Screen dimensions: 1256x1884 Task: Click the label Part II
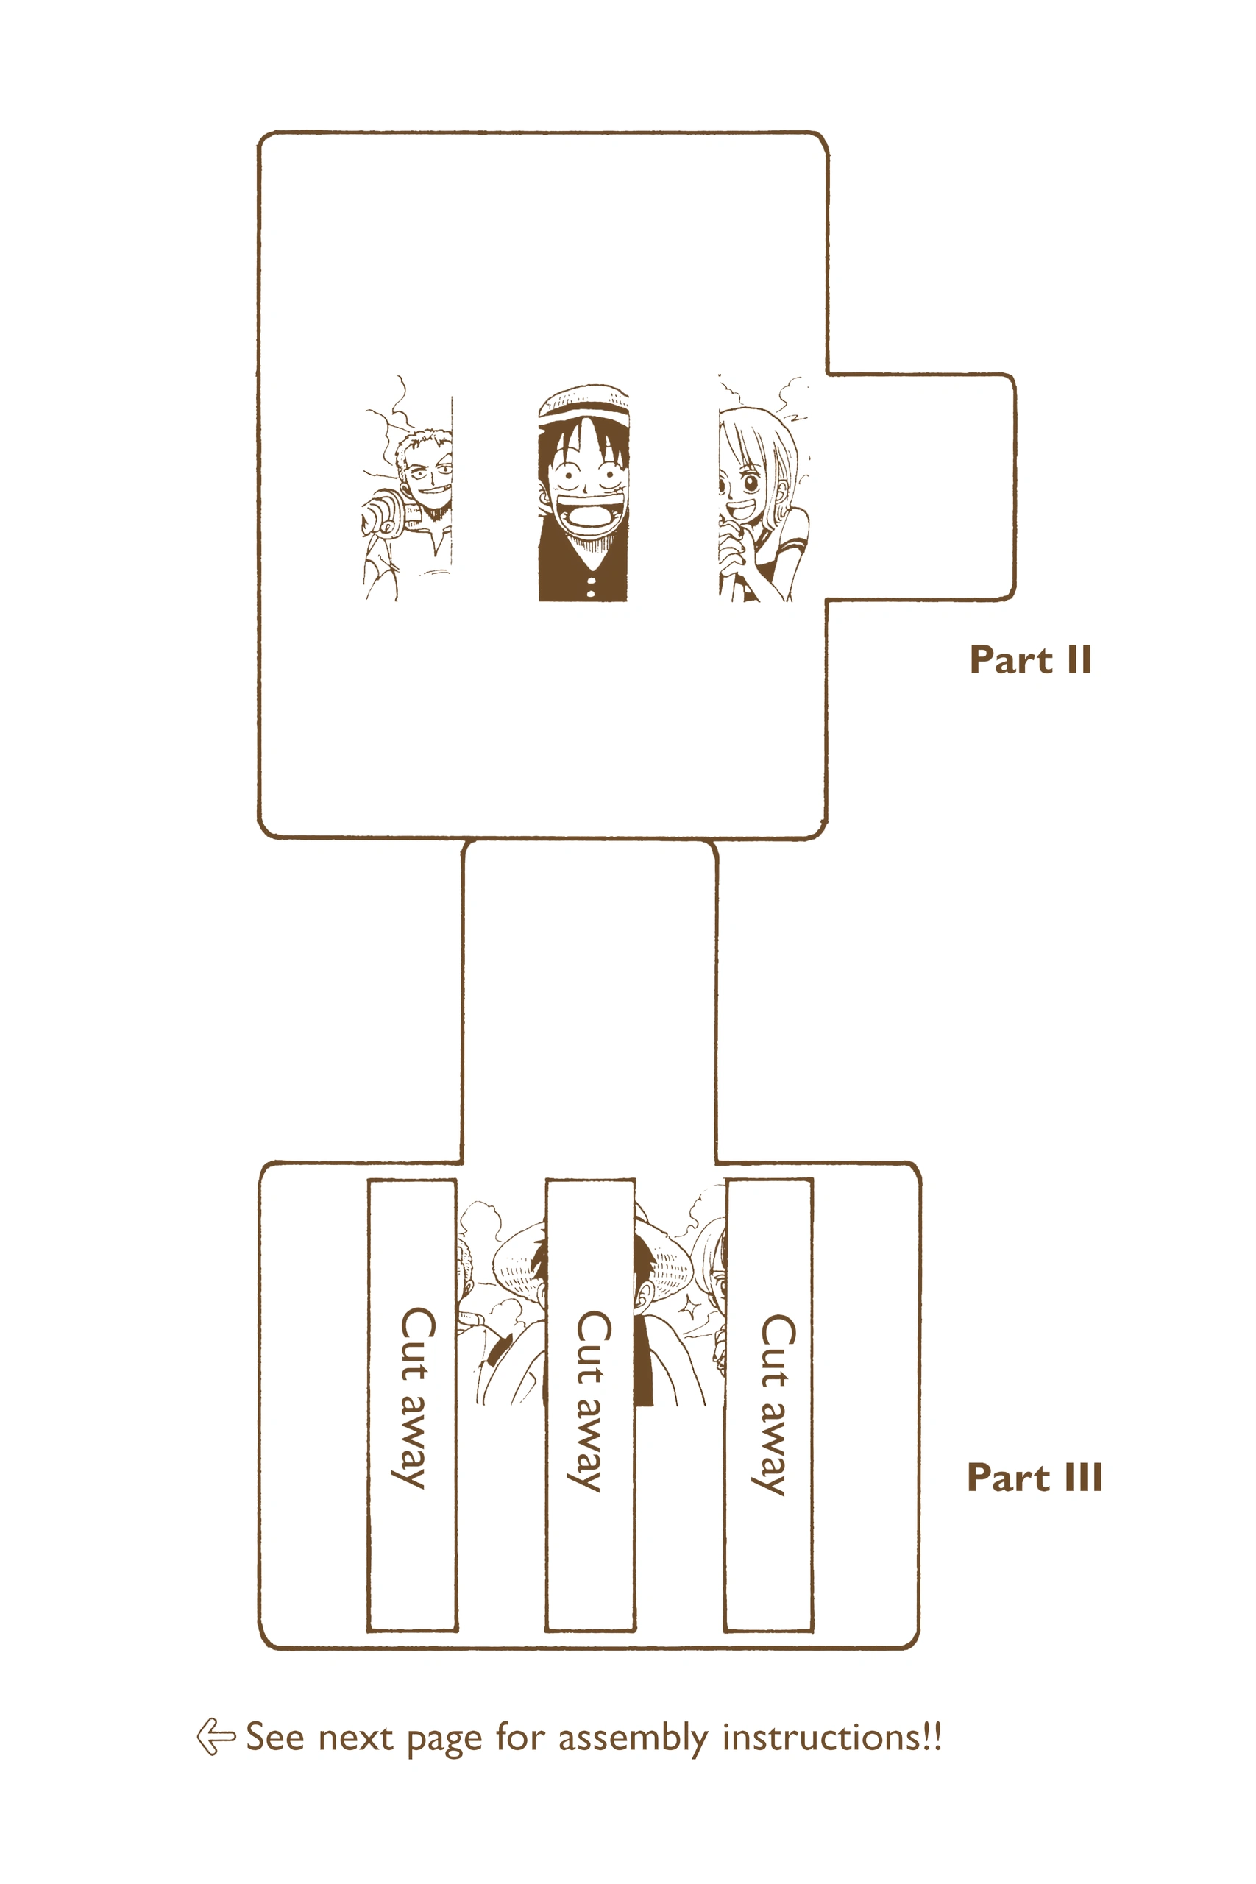tap(1030, 661)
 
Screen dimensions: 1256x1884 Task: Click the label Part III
tap(1034, 1478)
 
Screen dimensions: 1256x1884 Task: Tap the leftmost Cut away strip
tap(413, 1404)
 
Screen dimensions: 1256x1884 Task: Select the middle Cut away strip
tap(590, 1404)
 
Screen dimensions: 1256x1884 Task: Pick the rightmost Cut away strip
tap(769, 1404)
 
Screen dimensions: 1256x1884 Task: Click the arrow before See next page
tap(216, 1737)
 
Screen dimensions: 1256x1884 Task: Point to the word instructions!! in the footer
tap(832, 1737)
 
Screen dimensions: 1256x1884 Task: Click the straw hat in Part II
tap(583, 405)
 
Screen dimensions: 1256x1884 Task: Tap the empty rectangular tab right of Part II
tap(921, 486)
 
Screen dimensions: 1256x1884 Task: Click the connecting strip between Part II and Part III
tap(589, 1002)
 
